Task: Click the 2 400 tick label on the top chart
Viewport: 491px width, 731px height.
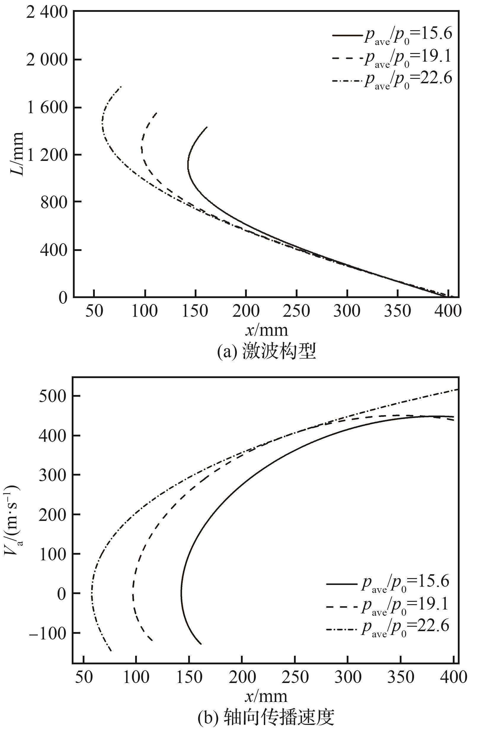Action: click(47, 13)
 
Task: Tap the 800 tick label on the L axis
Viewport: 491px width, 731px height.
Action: click(54, 203)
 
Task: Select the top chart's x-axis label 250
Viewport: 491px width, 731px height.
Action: click(296, 311)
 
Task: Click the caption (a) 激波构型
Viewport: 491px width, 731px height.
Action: click(266, 351)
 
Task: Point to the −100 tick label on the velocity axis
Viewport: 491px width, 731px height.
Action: click(48, 633)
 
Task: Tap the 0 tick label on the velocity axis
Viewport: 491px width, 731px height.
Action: click(62, 594)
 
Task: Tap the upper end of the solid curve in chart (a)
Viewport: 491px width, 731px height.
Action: click(207, 127)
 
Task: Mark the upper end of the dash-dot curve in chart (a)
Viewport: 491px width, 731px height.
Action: click(121, 87)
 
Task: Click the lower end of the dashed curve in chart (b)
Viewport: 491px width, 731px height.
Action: click(152, 641)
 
